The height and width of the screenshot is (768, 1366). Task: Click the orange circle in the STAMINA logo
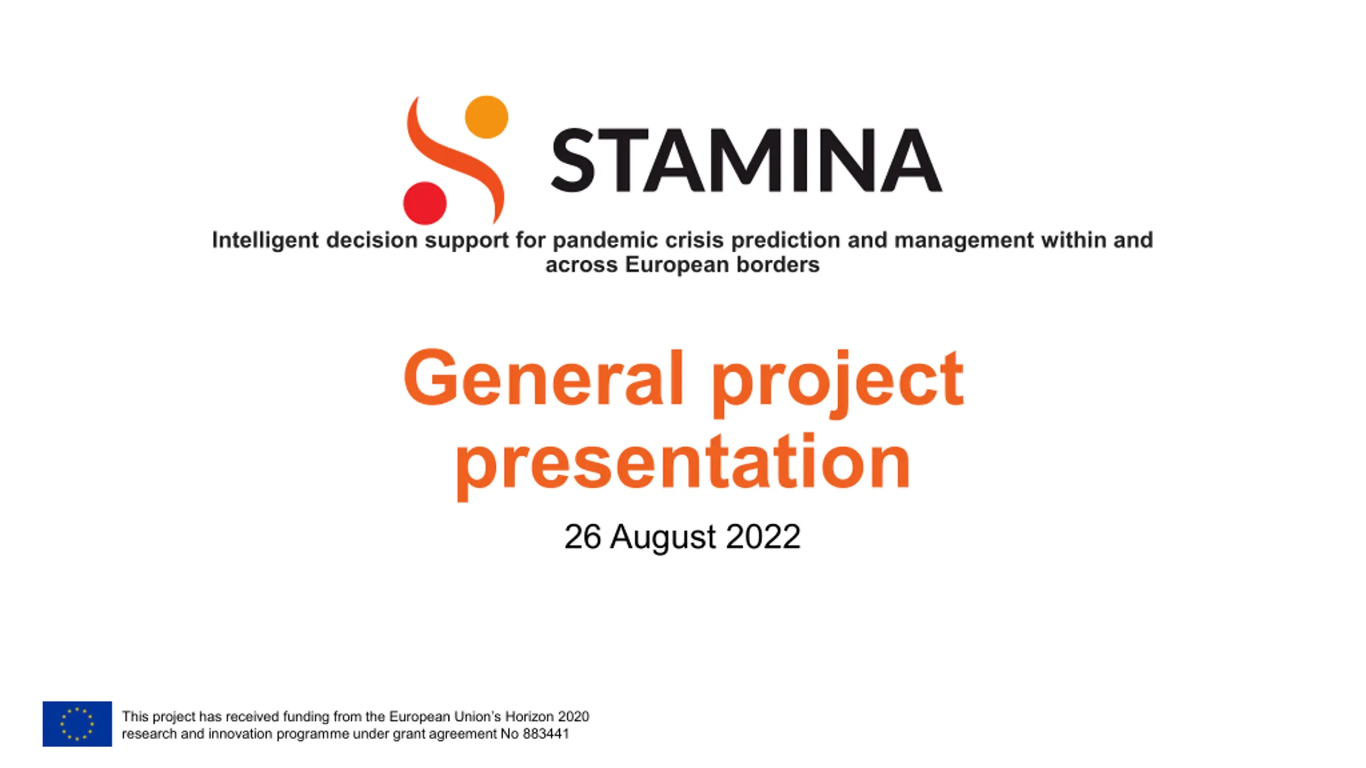pyautogui.click(x=487, y=117)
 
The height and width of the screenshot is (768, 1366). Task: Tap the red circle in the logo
pyautogui.click(x=425, y=203)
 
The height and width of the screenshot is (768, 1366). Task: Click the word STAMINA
pyautogui.click(x=746, y=160)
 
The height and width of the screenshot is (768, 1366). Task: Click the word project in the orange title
pyautogui.click(x=838, y=382)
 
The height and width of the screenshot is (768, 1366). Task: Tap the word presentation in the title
pyautogui.click(x=682, y=464)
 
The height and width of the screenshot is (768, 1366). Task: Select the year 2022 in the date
pyautogui.click(x=763, y=537)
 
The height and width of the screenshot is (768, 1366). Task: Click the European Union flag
pyautogui.click(x=77, y=724)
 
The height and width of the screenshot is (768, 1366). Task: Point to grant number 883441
pyautogui.click(x=546, y=734)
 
